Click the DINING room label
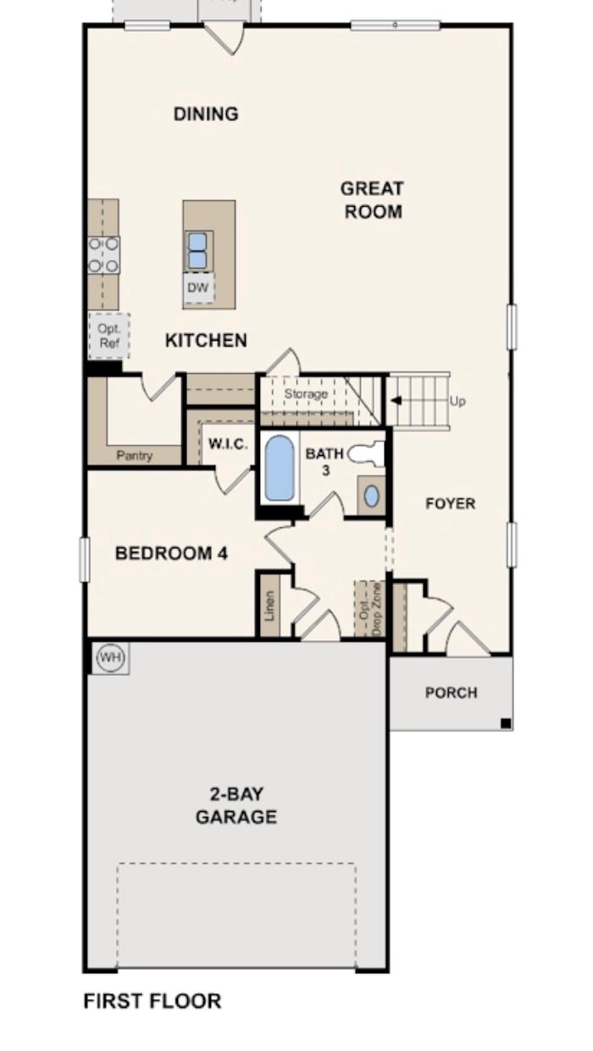point(206,114)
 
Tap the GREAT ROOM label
point(372,200)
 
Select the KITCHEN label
point(206,341)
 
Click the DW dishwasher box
point(197,288)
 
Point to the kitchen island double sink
point(197,251)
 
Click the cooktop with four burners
point(104,255)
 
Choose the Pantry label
point(135,456)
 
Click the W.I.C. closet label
point(229,443)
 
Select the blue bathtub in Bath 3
point(279,469)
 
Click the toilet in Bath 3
point(365,454)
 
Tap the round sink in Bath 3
point(371,496)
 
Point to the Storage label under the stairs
point(306,394)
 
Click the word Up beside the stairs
point(457,401)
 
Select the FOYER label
point(450,503)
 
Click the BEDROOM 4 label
point(171,553)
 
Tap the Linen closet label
point(269,606)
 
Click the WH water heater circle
point(110,657)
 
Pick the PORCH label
point(451,692)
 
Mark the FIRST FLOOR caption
point(152,1001)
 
